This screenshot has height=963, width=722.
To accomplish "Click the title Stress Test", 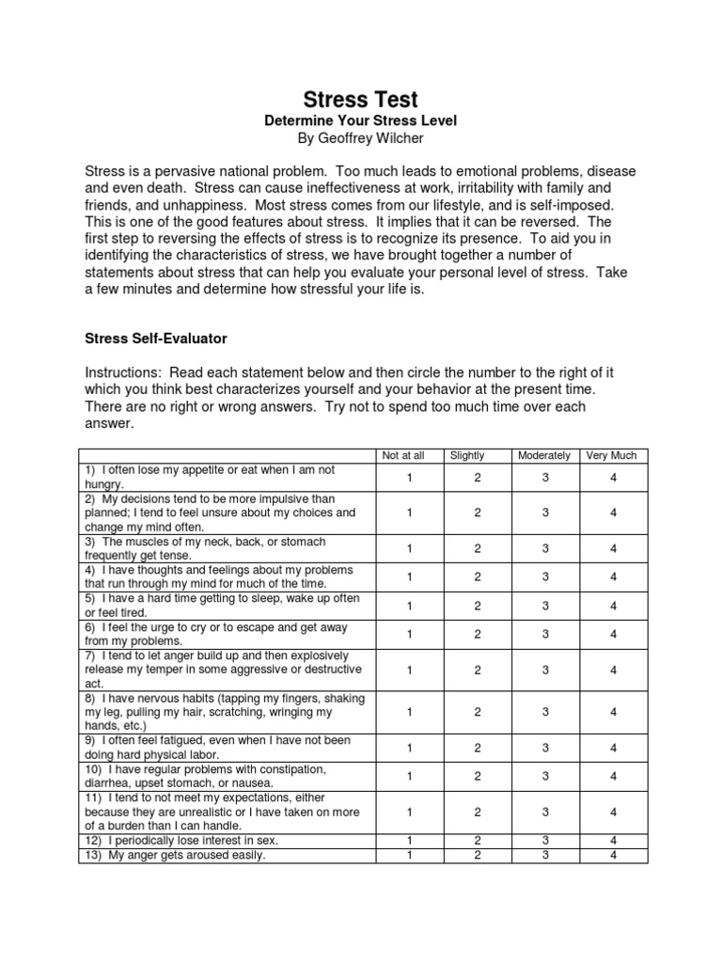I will click(360, 100).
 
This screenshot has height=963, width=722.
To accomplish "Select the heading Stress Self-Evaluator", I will click(156, 336).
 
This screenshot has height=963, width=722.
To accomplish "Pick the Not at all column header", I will click(403, 455).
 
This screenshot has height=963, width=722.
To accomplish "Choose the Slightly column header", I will click(467, 455).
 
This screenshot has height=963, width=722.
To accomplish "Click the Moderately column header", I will click(543, 455).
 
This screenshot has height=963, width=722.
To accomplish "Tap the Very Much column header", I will click(611, 455).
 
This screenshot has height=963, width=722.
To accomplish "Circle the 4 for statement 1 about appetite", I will click(613, 477).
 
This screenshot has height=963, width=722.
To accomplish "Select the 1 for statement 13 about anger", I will click(410, 855).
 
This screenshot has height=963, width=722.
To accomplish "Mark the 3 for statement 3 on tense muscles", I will click(545, 548).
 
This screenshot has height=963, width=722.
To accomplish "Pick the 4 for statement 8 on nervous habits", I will click(613, 712).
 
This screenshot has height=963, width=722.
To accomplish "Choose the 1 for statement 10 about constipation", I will click(410, 776).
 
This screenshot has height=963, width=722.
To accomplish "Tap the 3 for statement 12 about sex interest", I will click(545, 840).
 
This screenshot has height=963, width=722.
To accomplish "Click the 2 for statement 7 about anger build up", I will click(478, 670).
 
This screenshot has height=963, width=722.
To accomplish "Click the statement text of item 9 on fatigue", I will click(216, 747).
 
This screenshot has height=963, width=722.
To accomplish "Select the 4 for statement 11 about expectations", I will click(613, 811).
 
